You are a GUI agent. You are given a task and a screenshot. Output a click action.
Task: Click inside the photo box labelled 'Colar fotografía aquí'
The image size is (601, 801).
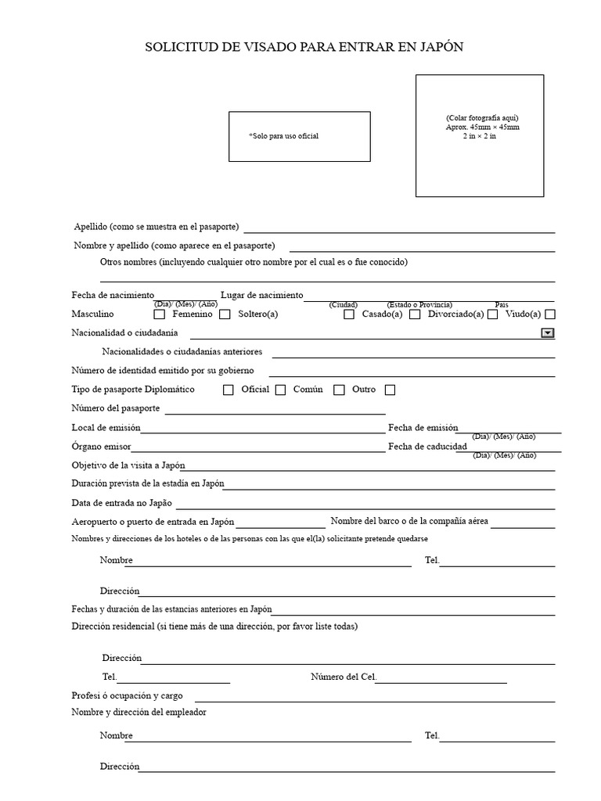click(479, 135)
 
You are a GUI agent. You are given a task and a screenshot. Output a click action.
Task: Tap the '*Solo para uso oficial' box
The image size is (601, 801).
click(299, 136)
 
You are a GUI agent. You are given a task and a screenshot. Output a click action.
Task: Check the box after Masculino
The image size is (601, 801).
click(160, 314)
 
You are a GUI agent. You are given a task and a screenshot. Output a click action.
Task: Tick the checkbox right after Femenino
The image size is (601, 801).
click(225, 314)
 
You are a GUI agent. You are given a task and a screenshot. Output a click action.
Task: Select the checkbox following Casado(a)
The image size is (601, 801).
click(415, 314)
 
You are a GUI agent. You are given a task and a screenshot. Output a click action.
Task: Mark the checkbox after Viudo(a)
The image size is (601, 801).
click(550, 314)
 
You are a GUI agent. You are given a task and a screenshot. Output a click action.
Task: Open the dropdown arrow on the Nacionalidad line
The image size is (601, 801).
click(548, 333)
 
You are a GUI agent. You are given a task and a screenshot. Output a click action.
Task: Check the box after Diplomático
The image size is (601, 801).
click(229, 390)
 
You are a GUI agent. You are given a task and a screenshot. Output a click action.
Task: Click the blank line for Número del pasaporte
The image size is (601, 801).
click(274, 411)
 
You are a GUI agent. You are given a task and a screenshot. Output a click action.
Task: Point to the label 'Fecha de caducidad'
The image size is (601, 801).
click(427, 447)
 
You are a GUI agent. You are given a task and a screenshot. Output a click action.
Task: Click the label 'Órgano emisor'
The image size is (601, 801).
click(101, 447)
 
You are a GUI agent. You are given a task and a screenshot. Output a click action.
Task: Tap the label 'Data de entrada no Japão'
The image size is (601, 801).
click(121, 503)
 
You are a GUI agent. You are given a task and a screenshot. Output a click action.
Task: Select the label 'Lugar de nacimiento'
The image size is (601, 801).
click(261, 295)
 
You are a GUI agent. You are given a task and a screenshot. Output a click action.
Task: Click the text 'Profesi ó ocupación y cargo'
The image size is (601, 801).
click(127, 695)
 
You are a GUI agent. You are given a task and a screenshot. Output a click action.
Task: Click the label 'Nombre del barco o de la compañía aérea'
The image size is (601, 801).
click(410, 521)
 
